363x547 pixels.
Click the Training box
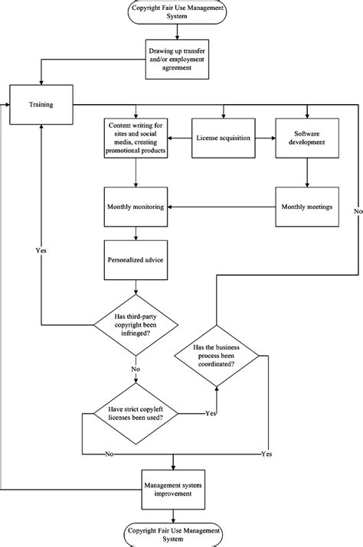41,104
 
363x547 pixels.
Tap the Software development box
307,138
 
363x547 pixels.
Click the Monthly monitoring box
136,207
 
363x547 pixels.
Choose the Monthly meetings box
307,207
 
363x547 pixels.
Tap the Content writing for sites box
136,138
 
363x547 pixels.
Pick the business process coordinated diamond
216,356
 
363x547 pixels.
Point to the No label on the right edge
357,210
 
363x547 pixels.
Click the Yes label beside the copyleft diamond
210,413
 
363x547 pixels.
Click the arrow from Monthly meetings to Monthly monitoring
222,207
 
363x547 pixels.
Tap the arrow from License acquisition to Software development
264,138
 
